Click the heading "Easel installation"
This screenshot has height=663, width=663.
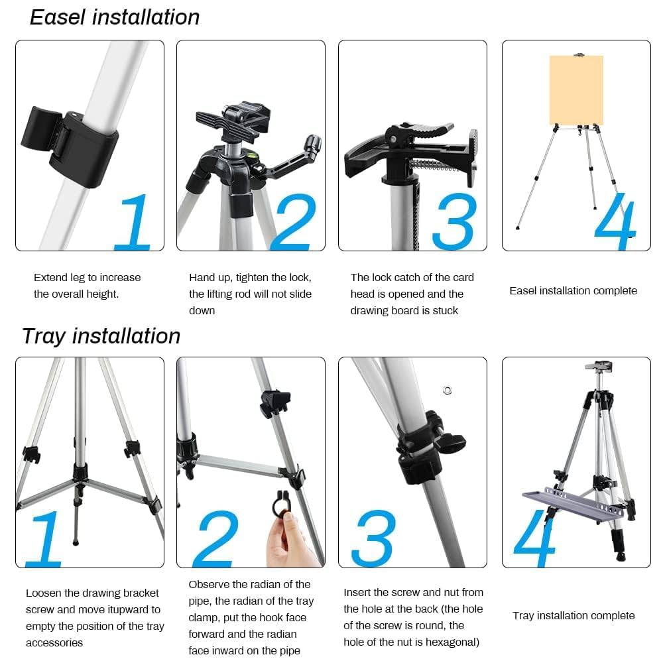(115, 18)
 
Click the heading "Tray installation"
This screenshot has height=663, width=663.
(101, 337)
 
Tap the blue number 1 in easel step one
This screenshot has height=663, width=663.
(134, 221)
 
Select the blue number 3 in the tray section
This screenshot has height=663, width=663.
(373, 538)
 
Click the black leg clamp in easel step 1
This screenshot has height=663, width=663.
(70, 146)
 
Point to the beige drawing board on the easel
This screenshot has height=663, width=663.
(576, 90)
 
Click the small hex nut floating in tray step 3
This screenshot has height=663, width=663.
(448, 391)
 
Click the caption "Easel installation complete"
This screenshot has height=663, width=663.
(573, 291)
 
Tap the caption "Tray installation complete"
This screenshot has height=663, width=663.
(573, 616)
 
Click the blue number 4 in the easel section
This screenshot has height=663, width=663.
(615, 221)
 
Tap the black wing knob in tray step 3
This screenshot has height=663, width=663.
(452, 441)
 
